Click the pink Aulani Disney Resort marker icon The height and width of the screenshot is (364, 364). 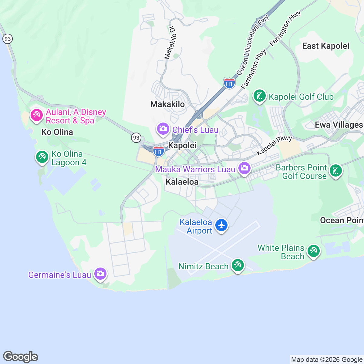coord(36,116)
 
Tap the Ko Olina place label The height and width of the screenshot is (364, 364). coord(57,132)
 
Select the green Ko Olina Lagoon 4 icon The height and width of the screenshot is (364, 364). coord(42,157)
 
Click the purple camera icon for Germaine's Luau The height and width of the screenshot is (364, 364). coord(100,274)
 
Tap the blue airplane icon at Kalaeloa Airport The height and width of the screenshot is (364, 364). coord(221,225)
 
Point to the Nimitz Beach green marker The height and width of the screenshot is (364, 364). coord(238,265)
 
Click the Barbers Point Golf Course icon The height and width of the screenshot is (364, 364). coord(335,171)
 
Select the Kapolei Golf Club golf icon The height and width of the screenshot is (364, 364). coord(259,96)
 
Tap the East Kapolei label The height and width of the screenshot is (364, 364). coord(325,46)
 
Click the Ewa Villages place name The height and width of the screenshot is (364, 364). coord(339,125)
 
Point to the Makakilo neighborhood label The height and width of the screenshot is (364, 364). coord(167,104)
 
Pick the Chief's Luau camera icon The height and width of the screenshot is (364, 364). coord(163,129)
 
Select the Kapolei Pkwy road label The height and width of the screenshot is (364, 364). coord(274,145)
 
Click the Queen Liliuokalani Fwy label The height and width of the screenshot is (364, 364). coord(253,45)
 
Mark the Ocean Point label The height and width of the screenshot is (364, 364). coord(342,221)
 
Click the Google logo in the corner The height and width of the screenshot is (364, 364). coord(20,357)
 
